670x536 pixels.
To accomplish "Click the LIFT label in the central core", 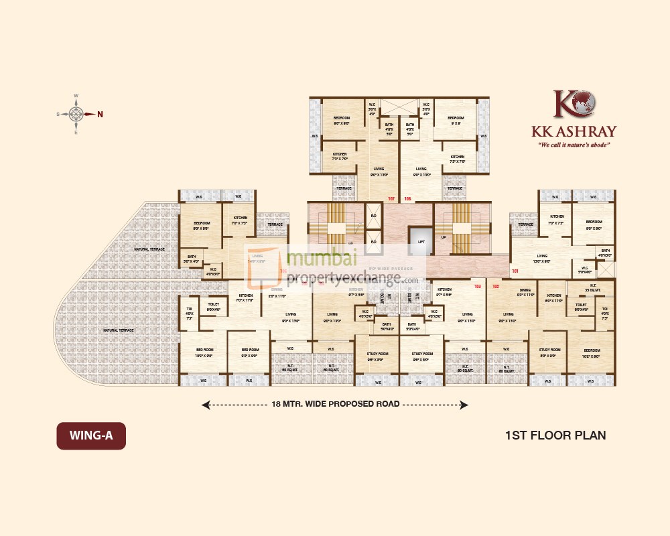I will point(421,242).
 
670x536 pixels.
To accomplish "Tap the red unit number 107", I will point(392,198).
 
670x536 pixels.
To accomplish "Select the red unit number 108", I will point(407,198).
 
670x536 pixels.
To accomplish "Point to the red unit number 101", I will point(515,271).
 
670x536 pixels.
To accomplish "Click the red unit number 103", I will point(478,286).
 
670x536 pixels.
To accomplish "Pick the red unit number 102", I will point(496,286).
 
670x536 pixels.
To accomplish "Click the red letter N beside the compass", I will point(100,114).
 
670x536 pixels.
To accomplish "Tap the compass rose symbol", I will point(76,114).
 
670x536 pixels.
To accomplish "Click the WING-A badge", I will point(90,435).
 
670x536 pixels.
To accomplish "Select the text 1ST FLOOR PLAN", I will point(555,435).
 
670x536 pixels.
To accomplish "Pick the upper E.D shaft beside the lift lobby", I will point(373,216).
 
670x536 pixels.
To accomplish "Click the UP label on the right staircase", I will point(443,236).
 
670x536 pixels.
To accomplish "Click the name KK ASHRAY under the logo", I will point(574,131).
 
